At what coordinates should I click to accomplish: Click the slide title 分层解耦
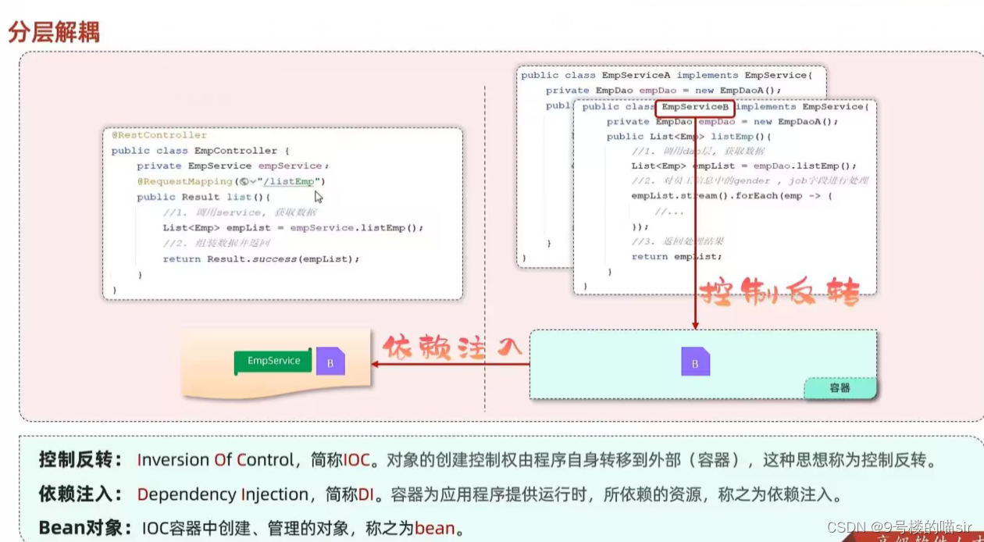coord(54,33)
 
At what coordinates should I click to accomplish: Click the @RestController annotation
coord(159,135)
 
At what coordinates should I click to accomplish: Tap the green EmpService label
coord(273,362)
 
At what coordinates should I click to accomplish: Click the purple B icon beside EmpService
coord(330,362)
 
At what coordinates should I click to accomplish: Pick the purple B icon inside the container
coord(695,362)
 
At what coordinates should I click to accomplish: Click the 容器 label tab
coord(840,387)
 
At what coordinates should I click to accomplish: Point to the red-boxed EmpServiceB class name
coord(695,107)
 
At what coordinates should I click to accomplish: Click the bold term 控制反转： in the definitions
coord(80,460)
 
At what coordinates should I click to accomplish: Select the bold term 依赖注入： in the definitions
coord(80,494)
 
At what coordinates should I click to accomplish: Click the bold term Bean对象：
coord(84,528)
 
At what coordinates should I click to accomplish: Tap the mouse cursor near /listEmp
coord(319,197)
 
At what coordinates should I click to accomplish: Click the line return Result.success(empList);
coord(261,259)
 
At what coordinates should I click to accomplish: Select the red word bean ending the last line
coord(434,528)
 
